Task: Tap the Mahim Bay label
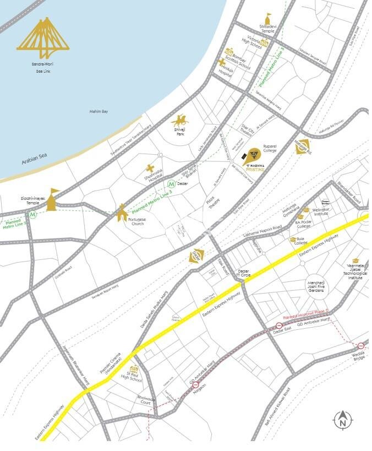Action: (99, 112)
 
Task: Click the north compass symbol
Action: (343, 421)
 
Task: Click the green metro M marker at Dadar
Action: (172, 184)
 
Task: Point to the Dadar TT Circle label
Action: (244, 274)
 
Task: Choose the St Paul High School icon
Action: (133, 370)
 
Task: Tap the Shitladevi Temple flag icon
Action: (268, 17)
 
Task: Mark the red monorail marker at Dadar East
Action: (279, 326)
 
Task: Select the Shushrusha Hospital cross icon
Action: (149, 168)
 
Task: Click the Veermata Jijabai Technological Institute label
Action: (355, 273)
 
